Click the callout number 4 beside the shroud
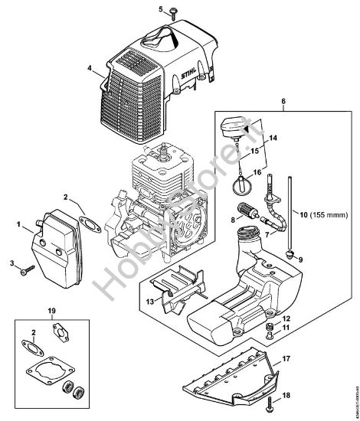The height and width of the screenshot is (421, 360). (x=90, y=69)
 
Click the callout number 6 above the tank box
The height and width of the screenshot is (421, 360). (x=285, y=100)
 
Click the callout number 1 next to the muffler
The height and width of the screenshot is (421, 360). (x=19, y=224)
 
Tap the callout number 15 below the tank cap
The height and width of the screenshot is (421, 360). (x=273, y=152)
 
